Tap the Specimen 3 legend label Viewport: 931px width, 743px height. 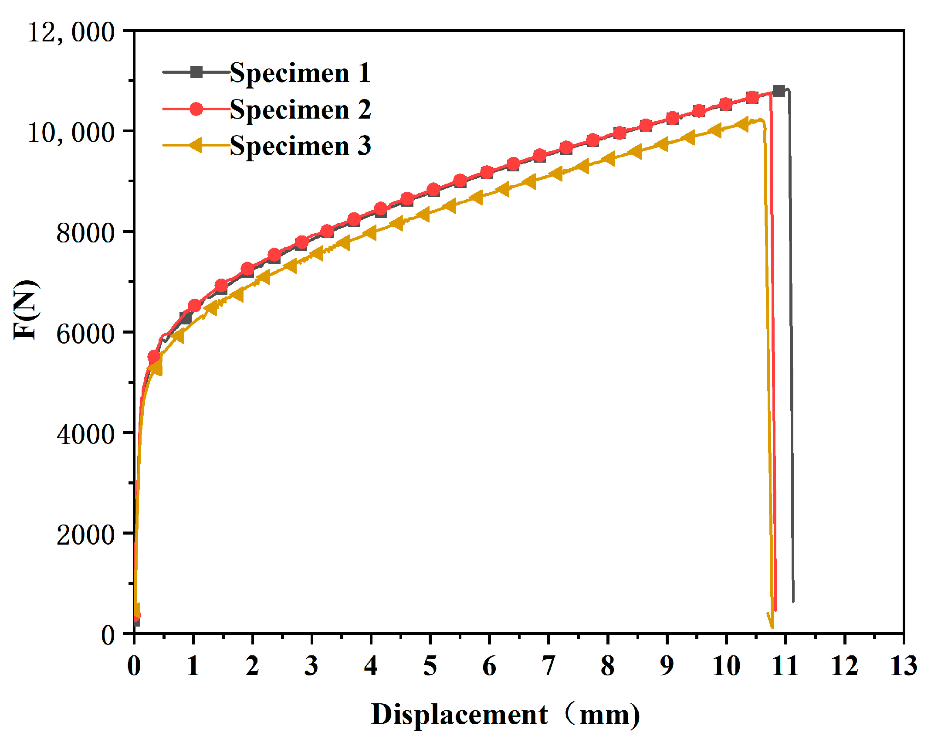[300, 146]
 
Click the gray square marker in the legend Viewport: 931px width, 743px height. [196, 72]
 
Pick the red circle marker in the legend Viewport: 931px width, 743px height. [196, 109]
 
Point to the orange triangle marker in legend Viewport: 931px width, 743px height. [196, 145]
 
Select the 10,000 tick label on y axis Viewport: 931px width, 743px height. [71, 132]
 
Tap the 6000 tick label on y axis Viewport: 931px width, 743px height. [85, 334]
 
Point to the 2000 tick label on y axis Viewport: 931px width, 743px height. [85, 535]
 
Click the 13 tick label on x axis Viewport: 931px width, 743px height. [903, 666]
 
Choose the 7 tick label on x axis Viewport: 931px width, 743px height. [548, 666]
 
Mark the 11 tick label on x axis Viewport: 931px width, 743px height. [785, 666]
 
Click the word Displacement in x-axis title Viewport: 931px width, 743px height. [459, 715]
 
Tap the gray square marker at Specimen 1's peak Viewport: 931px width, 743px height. [779, 91]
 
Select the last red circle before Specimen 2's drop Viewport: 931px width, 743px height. [752, 98]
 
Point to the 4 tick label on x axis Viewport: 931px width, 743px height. [371, 666]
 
